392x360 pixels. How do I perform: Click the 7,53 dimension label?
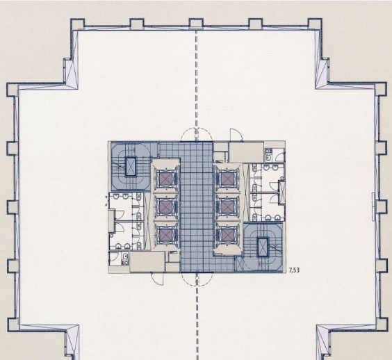tap(294, 270)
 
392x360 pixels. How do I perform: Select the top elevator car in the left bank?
tap(165, 179)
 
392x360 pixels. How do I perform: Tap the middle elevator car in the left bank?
tap(165, 207)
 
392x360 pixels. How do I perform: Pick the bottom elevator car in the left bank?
tap(165, 236)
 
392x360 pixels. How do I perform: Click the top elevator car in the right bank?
tap(227, 179)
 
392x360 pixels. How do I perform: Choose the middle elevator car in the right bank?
tap(227, 207)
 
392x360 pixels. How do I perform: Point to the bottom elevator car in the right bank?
tap(227, 236)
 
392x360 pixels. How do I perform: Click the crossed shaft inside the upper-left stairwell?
tap(130, 167)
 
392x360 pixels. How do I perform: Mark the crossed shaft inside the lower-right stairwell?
tap(263, 247)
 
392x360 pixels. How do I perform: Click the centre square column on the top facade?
tap(196, 24)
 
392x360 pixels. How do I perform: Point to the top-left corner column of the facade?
tap(78, 24)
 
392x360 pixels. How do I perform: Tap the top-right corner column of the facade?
tap(314, 24)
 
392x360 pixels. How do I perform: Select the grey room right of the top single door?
tap(247, 152)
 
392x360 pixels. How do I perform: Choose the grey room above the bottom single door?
tap(147, 261)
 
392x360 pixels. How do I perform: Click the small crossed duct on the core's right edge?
tap(281, 193)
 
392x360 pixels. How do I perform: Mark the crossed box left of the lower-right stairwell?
tap(240, 265)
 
